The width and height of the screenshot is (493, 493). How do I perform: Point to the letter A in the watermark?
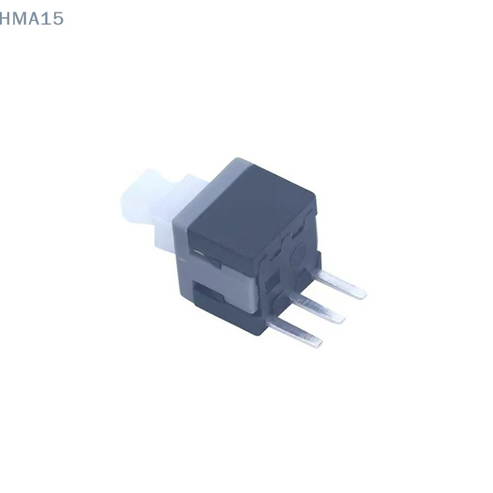(x=36, y=19)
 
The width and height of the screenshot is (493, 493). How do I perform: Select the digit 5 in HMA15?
(x=57, y=19)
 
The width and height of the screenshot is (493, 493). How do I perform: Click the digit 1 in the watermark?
(x=47, y=19)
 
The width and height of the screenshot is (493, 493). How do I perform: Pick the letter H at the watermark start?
(x=5, y=19)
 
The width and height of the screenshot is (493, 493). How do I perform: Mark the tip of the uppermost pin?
(x=364, y=294)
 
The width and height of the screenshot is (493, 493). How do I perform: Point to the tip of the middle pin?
(x=342, y=320)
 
